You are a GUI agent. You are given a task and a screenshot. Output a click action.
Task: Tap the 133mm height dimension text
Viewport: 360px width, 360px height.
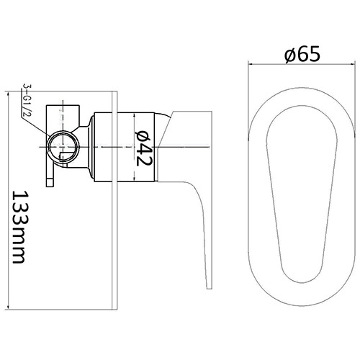tap(22, 228)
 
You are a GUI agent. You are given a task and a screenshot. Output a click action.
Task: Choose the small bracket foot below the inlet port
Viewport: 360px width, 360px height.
tap(50, 180)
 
